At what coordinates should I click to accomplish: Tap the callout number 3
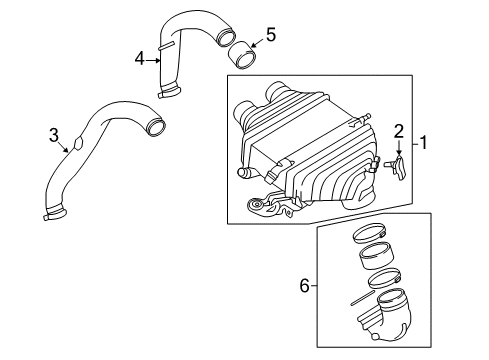(x=53, y=133)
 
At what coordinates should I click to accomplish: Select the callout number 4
(x=139, y=58)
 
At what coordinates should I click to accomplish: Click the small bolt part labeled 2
(x=399, y=166)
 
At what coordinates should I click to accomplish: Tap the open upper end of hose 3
(x=155, y=127)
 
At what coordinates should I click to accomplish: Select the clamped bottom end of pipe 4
(x=170, y=92)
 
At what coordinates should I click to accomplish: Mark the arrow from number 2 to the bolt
(x=399, y=148)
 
